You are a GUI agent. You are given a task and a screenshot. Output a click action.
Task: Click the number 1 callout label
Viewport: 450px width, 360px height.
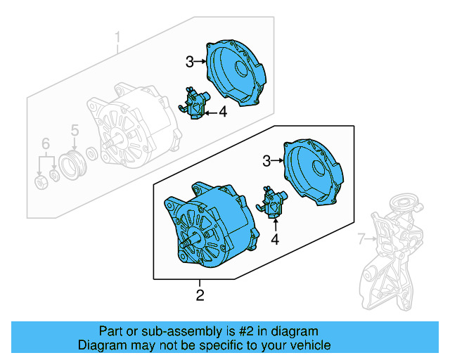pyautogui.click(x=118, y=36)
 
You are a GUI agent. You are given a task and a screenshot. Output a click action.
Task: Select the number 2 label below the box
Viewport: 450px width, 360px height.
pyautogui.click(x=200, y=295)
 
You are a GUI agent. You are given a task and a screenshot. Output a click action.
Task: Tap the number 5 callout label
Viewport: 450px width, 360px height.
pyautogui.click(x=74, y=129)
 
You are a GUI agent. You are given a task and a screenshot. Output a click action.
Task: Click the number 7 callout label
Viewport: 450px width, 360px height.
pyautogui.click(x=361, y=240)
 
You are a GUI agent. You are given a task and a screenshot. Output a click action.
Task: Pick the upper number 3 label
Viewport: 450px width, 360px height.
pyautogui.click(x=190, y=62)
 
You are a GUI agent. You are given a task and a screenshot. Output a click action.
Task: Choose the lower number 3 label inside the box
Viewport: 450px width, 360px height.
pyautogui.click(x=266, y=162)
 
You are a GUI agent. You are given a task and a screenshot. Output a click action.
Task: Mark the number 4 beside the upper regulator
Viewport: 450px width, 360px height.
pyautogui.click(x=222, y=112)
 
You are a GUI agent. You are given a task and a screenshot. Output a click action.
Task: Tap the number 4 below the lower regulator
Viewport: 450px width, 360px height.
pyautogui.click(x=275, y=240)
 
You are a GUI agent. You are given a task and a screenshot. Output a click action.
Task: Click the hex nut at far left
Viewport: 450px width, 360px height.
pyautogui.click(x=41, y=184)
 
